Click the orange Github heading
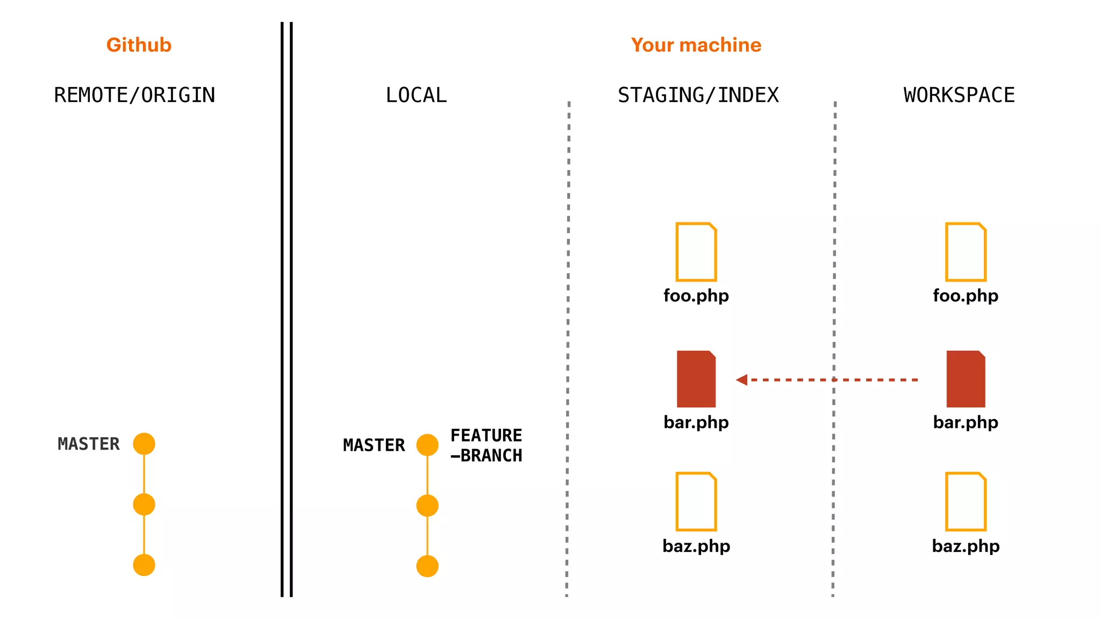coord(139,45)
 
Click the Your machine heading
coord(696,45)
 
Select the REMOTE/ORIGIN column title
coord(134,95)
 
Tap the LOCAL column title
coord(416,95)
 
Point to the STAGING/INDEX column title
coord(698,95)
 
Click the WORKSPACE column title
coord(959,95)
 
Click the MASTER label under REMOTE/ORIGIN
coord(89,444)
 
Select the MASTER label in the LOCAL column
coord(374,445)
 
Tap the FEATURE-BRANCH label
coord(486,445)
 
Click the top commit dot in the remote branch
coord(144,444)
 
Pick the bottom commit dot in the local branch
coord(427,566)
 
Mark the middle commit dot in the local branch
coord(427,506)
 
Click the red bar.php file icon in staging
coord(696,379)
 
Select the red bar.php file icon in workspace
coord(966,379)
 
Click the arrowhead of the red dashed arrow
coord(742,380)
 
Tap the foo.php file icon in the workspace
coord(966,252)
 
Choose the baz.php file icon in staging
coord(696,501)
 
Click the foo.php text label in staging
coord(696,296)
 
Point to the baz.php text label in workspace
coord(966,546)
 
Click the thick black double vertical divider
coord(287,309)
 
